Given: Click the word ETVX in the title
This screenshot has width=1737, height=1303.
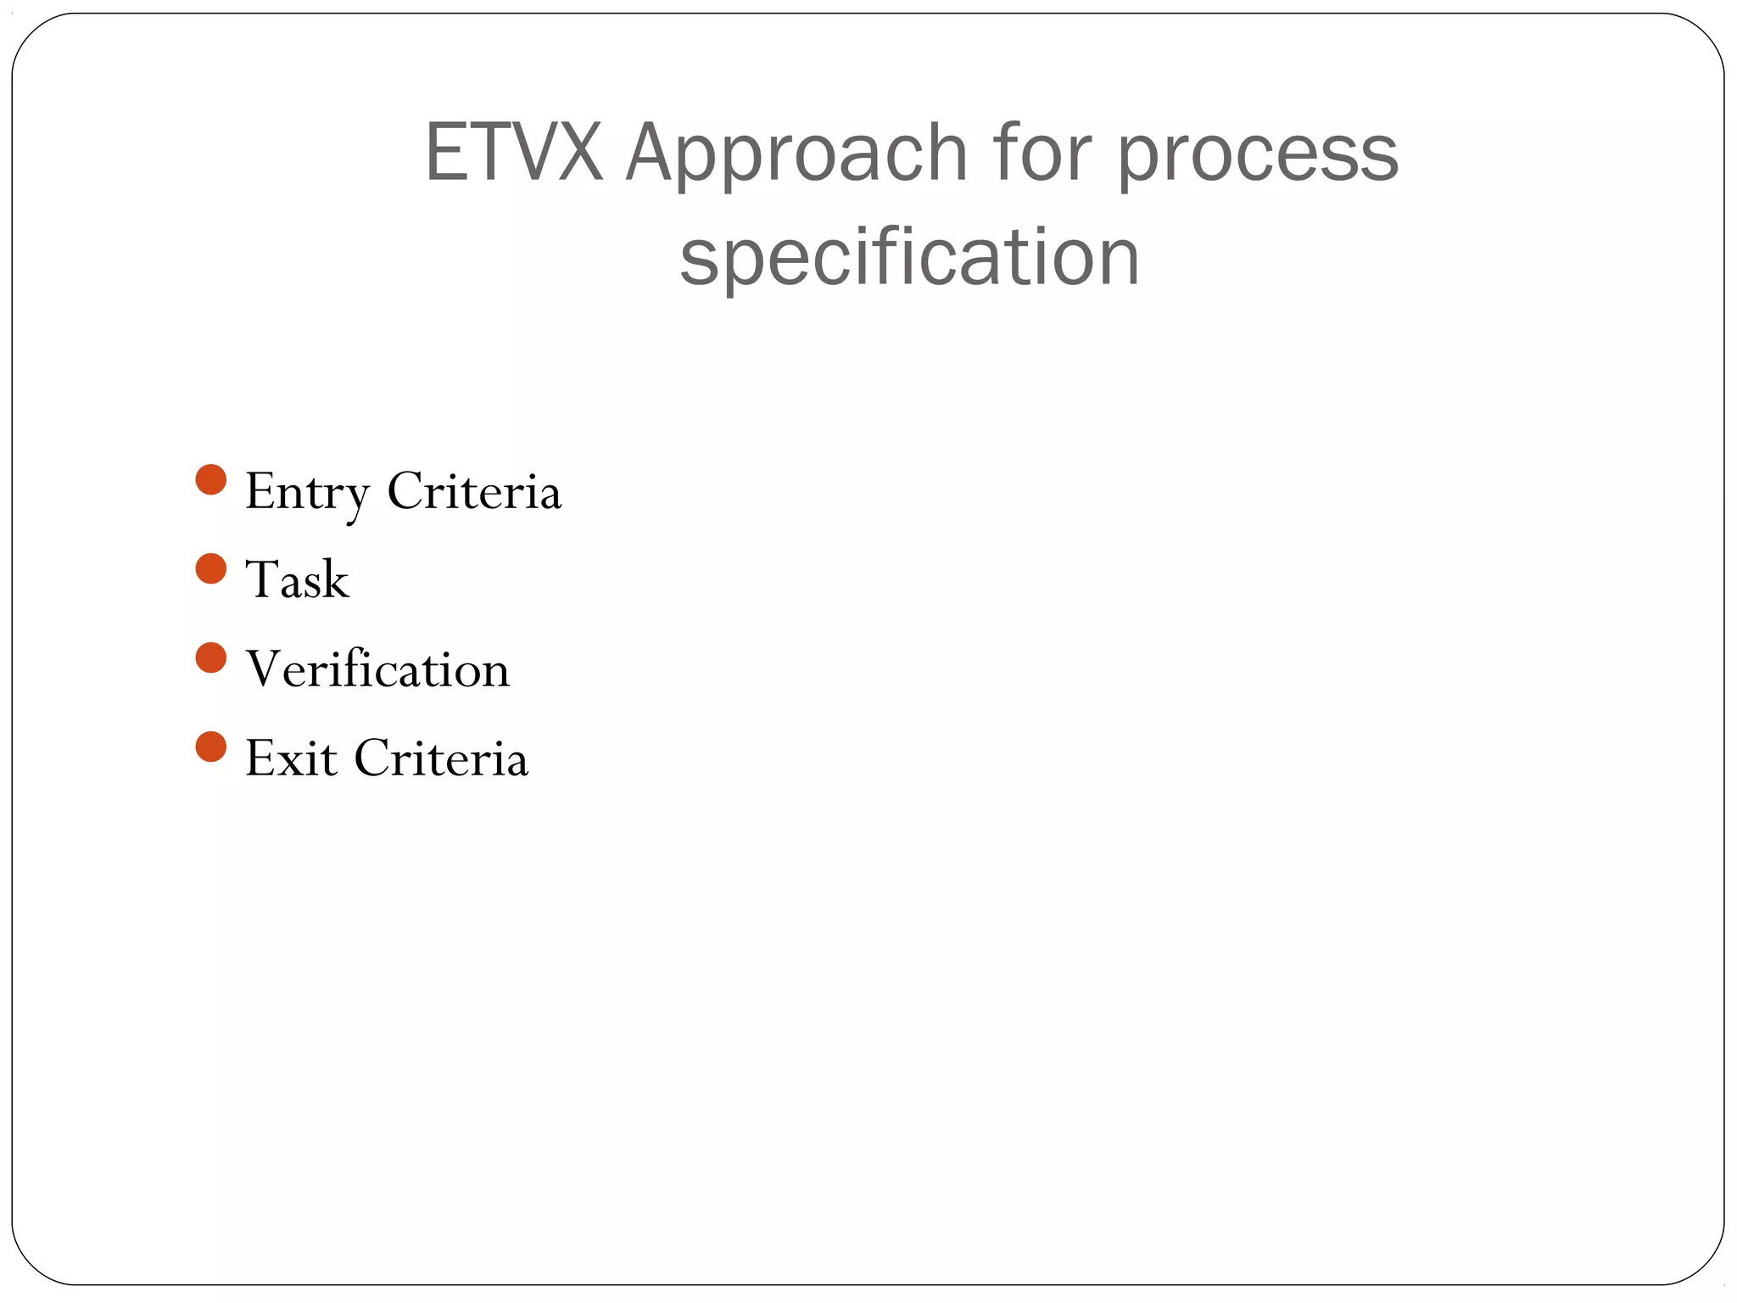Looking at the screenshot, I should (513, 153).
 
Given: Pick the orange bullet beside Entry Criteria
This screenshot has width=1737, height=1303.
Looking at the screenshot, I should (210, 479).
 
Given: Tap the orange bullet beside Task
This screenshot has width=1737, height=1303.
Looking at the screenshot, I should (210, 568).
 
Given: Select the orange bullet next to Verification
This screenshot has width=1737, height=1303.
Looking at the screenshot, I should (210, 657).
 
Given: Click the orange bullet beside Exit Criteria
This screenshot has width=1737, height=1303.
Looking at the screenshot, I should (210, 747).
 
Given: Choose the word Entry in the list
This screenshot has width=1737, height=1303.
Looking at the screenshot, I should (307, 492).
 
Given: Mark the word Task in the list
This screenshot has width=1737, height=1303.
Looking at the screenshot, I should (297, 580).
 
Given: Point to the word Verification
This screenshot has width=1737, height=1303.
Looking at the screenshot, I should (377, 668).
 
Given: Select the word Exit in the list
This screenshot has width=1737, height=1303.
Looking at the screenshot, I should (290, 758).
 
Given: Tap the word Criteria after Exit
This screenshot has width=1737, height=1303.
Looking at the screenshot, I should (441, 758).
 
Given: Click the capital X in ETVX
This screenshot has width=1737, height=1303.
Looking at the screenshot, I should (579, 153).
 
